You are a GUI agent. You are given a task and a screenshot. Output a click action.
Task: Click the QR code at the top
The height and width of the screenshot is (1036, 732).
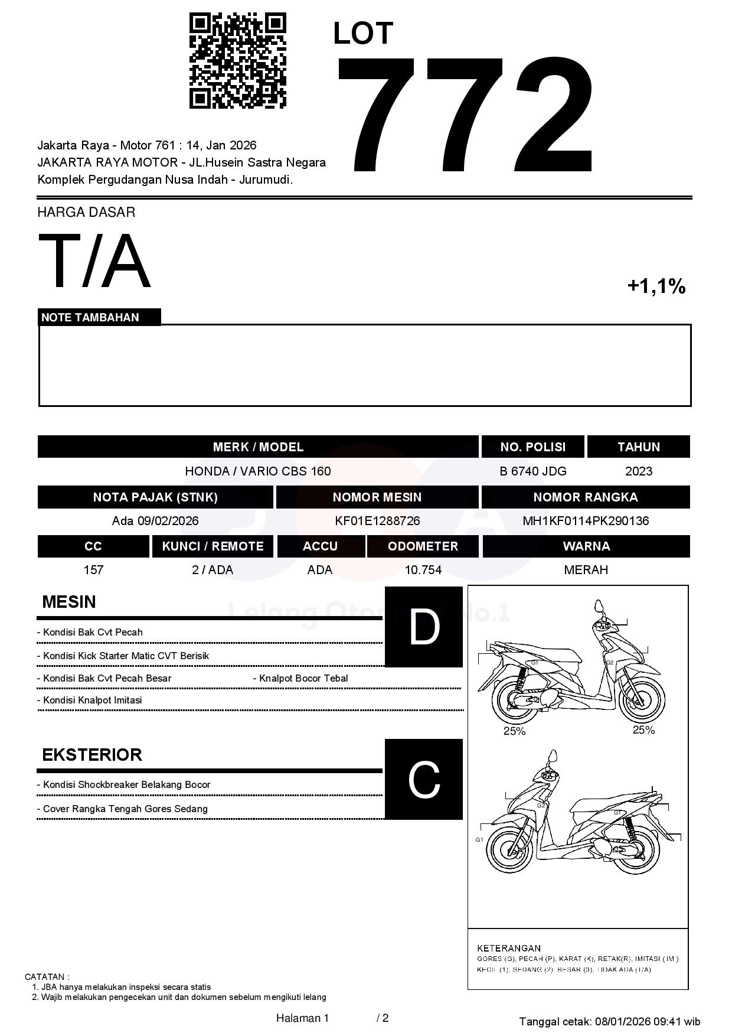[237, 61]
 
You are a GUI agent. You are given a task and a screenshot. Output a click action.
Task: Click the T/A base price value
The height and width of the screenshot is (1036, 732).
[94, 261]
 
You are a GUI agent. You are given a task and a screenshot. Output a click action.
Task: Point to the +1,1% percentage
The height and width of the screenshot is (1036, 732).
[656, 286]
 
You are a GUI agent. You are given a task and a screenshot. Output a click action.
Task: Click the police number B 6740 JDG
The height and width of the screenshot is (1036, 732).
[532, 471]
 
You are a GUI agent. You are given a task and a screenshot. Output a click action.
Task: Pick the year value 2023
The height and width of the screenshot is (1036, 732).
[638, 471]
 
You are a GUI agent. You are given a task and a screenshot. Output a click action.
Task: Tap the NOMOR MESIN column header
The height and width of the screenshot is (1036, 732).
[377, 497]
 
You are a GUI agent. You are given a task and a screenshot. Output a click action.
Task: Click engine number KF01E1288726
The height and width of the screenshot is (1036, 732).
[377, 521]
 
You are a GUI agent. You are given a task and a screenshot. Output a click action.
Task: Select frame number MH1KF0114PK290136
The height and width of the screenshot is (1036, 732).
[585, 521]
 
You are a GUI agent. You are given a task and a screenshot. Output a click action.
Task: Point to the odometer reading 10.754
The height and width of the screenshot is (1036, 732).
[423, 570]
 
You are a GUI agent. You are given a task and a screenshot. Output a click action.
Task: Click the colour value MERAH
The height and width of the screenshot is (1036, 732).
[586, 570]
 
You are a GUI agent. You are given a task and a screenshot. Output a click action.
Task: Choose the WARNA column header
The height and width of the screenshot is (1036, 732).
[586, 546]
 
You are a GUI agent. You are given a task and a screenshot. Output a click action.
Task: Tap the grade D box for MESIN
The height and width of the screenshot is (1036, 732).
[424, 627]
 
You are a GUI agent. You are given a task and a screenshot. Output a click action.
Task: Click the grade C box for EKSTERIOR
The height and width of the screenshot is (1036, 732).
[424, 779]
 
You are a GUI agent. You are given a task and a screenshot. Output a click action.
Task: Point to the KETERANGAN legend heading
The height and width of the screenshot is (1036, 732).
[508, 948]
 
